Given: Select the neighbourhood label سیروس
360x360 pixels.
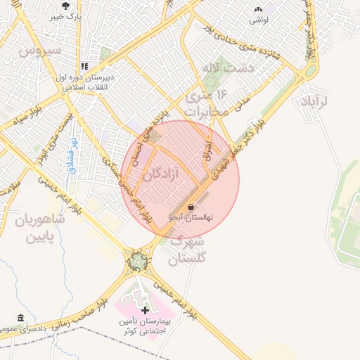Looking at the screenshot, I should coord(41,51).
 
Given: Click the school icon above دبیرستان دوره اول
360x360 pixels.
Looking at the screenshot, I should coord(86,67).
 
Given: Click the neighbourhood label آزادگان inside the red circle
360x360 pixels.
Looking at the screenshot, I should coord(162,173).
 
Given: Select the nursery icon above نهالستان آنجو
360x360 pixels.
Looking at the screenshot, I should coord(192,207).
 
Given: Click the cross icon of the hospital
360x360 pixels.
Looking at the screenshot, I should coord(145,310).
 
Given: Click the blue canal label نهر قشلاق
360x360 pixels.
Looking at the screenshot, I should coord(72,148).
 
